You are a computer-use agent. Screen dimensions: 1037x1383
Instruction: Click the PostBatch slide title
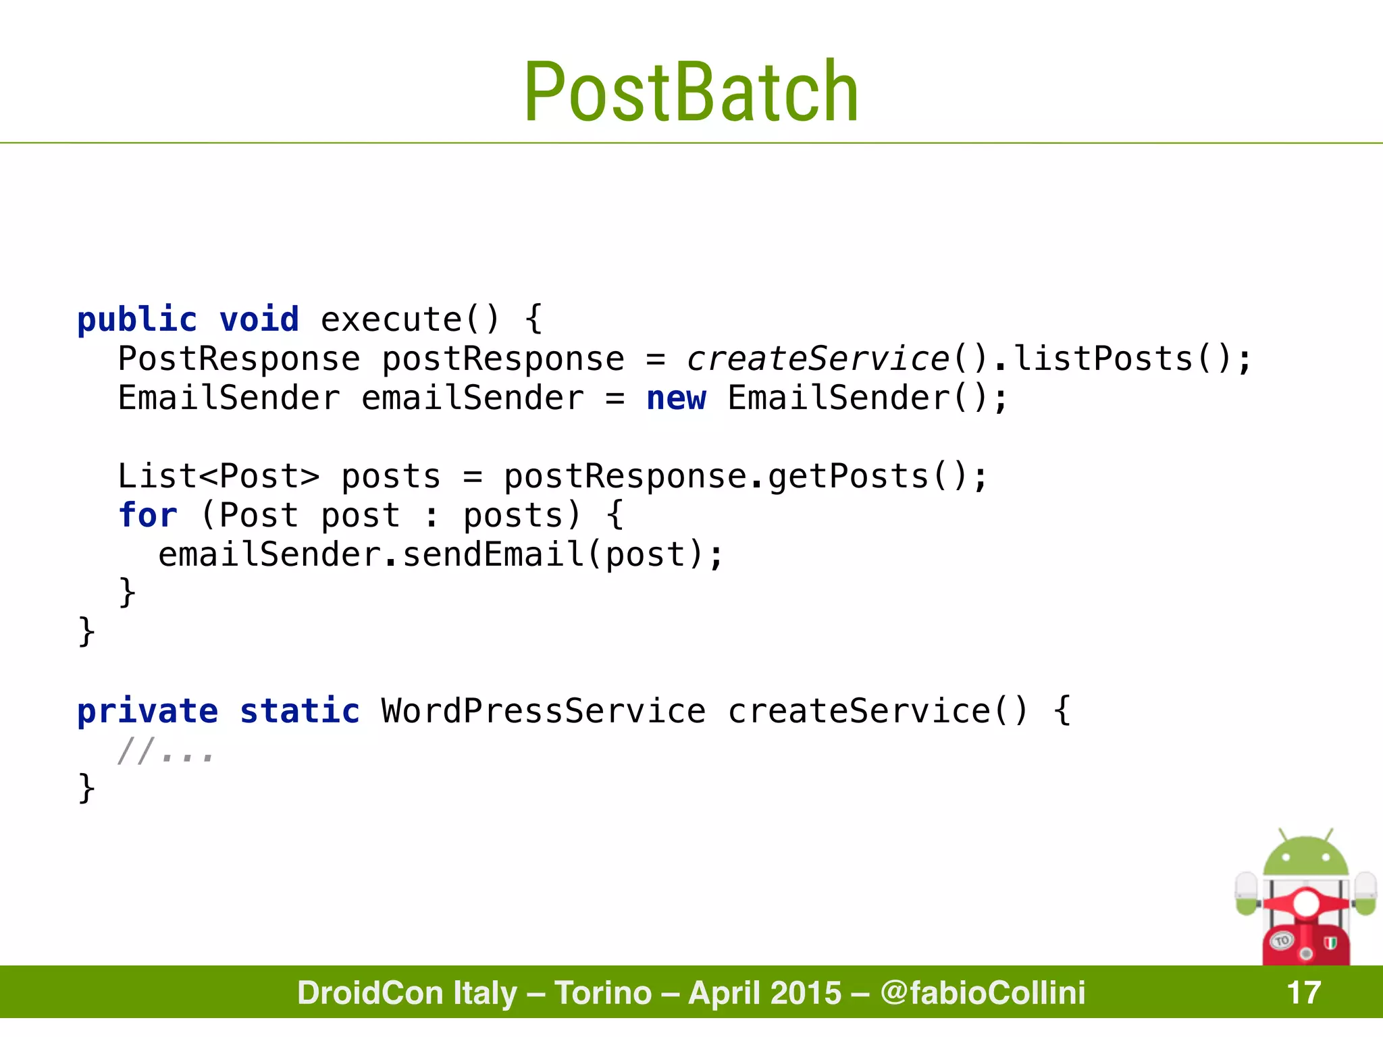pyautogui.click(x=691, y=92)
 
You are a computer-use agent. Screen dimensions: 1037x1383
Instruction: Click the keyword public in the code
pyautogui.click(x=137, y=319)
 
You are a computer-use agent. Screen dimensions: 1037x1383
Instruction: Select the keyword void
pyautogui.click(x=259, y=319)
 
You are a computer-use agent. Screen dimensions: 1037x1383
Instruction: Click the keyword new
pyautogui.click(x=676, y=398)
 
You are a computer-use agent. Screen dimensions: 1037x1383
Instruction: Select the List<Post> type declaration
pyautogui.click(x=218, y=476)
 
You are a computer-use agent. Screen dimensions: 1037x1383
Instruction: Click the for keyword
pyautogui.click(x=147, y=515)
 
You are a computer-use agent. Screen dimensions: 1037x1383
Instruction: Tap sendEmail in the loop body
pyautogui.click(x=494, y=554)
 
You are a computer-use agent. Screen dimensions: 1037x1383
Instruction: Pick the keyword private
pyautogui.click(x=147, y=711)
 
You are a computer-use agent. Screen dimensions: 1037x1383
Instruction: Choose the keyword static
pyautogui.click(x=300, y=711)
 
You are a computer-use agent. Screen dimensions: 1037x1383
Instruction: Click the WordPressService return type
pyautogui.click(x=544, y=711)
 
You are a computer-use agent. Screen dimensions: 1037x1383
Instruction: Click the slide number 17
pyautogui.click(x=1303, y=992)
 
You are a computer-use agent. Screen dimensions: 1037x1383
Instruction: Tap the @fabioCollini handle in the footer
pyautogui.click(x=983, y=992)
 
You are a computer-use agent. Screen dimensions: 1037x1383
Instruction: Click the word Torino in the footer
pyautogui.click(x=603, y=992)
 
